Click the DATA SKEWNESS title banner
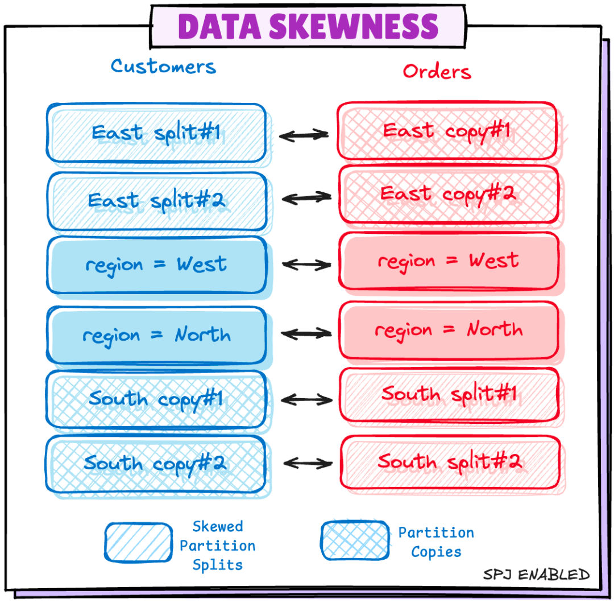coord(308,26)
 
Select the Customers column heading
coord(163,66)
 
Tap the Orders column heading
coord(437,71)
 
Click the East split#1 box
coord(156,133)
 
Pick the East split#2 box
coord(156,200)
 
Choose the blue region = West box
coord(156,265)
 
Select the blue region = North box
coord(156,334)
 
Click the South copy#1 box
coord(156,399)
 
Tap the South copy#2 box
coord(156,464)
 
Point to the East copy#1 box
coord(446,131)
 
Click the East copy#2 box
coord(449,194)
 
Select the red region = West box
coord(449,261)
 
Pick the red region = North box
coord(449,330)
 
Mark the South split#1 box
coord(449,394)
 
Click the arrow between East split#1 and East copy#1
coord(304,135)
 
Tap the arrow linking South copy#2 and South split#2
coord(308,463)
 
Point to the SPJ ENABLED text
coord(536,575)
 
